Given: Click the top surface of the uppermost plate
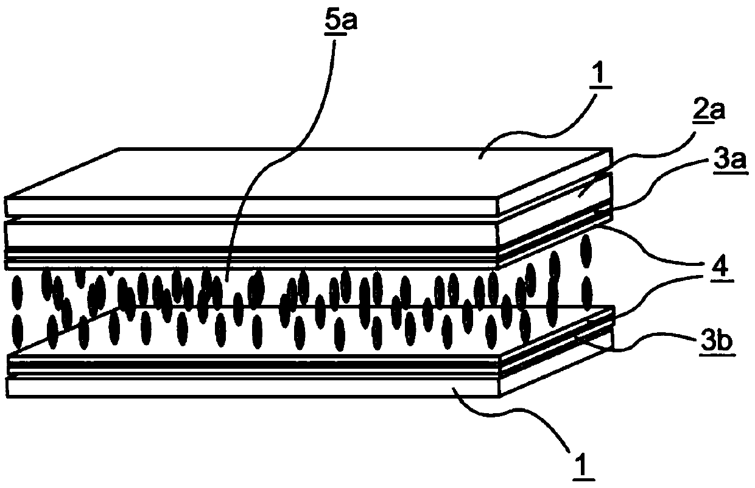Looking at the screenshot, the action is point(303,172).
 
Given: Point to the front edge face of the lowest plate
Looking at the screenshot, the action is point(253,388).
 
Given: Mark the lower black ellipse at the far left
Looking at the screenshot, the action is point(17,332).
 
